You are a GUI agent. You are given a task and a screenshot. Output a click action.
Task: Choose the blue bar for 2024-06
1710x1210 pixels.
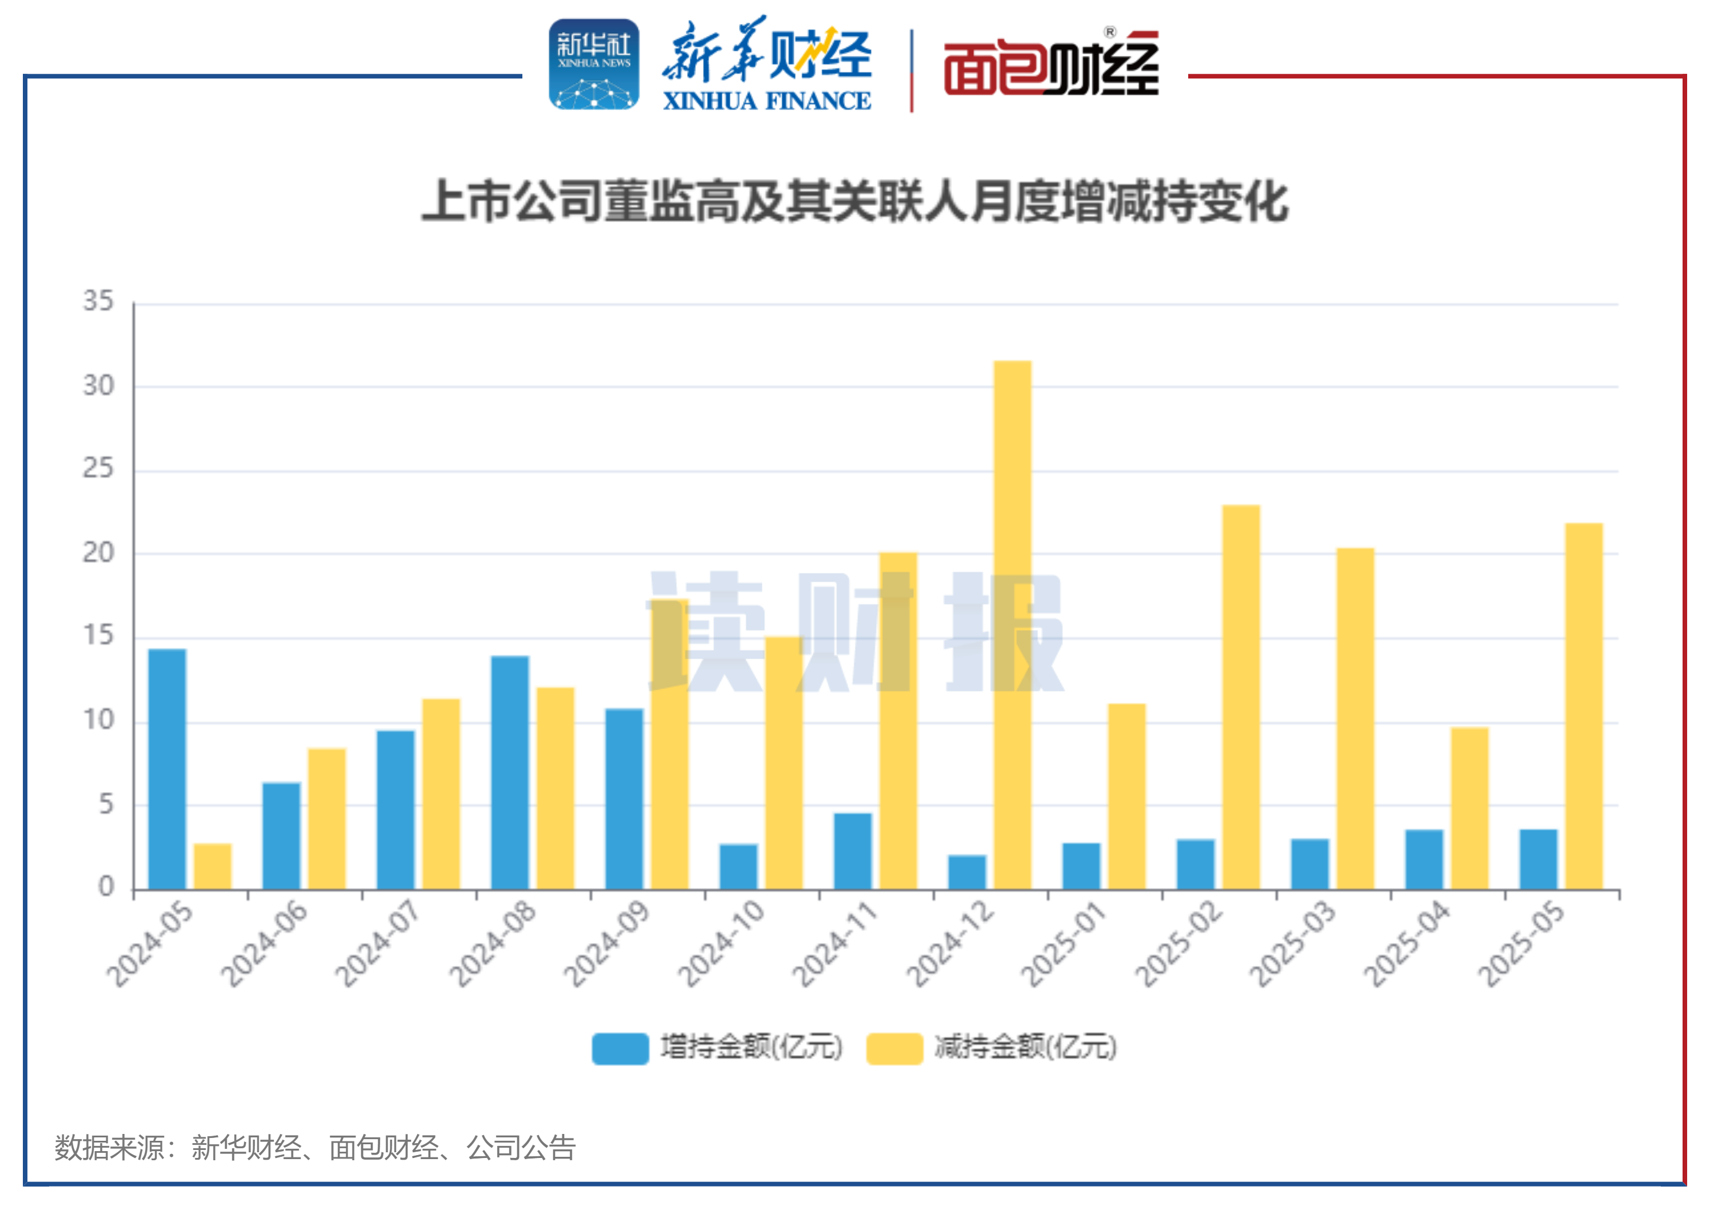(x=282, y=835)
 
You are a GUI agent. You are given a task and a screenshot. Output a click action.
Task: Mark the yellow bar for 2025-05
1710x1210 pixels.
(x=1584, y=706)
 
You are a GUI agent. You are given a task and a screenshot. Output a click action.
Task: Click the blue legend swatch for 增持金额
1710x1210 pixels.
(x=620, y=1048)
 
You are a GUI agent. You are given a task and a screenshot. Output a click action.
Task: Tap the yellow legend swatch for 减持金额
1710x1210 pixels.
(x=894, y=1048)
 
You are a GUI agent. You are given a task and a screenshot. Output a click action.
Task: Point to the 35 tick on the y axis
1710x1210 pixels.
(x=98, y=302)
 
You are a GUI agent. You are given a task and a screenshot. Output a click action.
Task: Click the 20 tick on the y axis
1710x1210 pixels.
(x=98, y=553)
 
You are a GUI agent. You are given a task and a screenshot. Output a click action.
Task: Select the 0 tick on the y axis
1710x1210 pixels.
(x=106, y=887)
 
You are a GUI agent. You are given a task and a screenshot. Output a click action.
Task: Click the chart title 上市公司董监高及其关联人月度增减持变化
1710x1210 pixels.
(x=855, y=201)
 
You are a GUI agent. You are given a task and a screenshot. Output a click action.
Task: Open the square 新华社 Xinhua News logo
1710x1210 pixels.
(x=594, y=65)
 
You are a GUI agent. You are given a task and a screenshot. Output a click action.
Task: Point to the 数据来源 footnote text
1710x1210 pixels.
(x=315, y=1148)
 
